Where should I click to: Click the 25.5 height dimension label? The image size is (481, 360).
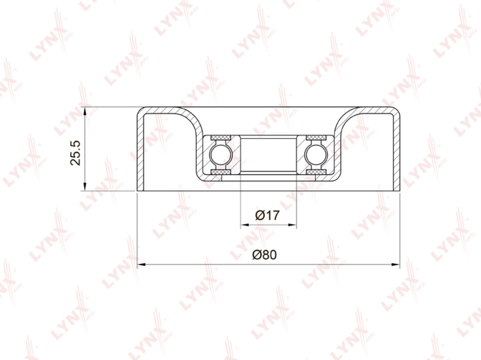[76, 153]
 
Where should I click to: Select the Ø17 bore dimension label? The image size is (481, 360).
[267, 215]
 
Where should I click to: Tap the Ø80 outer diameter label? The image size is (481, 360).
[264, 254]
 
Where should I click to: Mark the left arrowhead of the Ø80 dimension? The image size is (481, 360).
[141, 264]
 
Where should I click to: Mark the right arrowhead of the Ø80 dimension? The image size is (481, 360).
[396, 264]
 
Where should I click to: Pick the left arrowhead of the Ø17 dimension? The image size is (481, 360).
[245, 225]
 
